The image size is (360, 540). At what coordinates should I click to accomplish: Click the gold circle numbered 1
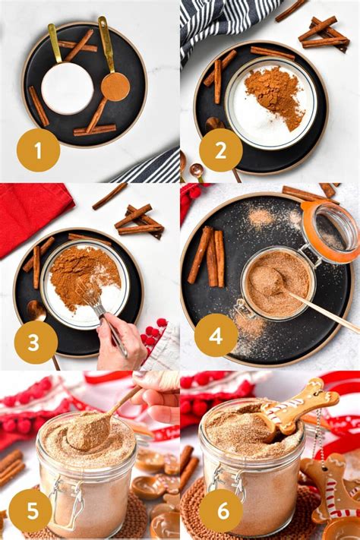tap(38, 150)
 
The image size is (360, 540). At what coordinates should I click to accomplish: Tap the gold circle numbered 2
tap(220, 150)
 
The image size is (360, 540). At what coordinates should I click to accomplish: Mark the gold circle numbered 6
tap(221, 510)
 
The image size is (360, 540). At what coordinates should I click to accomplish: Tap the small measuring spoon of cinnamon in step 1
tap(115, 86)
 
